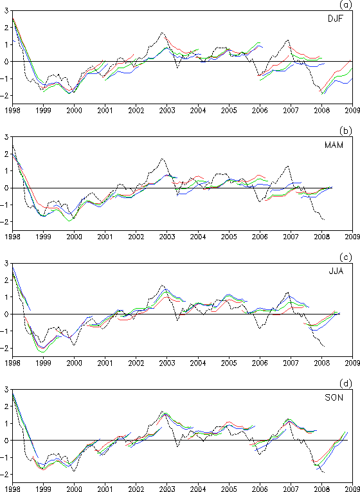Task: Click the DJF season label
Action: [x=334, y=19]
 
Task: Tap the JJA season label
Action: [x=334, y=271]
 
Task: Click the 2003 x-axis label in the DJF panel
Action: [x=167, y=110]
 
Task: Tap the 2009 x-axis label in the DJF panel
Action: [x=353, y=110]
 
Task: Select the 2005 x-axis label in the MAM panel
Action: [x=229, y=237]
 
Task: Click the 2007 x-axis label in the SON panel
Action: [x=291, y=489]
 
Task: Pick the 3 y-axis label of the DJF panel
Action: [x=6, y=11]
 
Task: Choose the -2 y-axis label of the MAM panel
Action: [x=4, y=221]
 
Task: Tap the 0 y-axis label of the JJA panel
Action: [x=6, y=314]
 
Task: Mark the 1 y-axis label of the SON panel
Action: [x=6, y=423]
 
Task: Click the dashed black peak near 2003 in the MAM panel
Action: [x=162, y=158]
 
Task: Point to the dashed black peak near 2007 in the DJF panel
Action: [x=287, y=40]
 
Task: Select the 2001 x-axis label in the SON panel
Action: [x=105, y=489]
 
